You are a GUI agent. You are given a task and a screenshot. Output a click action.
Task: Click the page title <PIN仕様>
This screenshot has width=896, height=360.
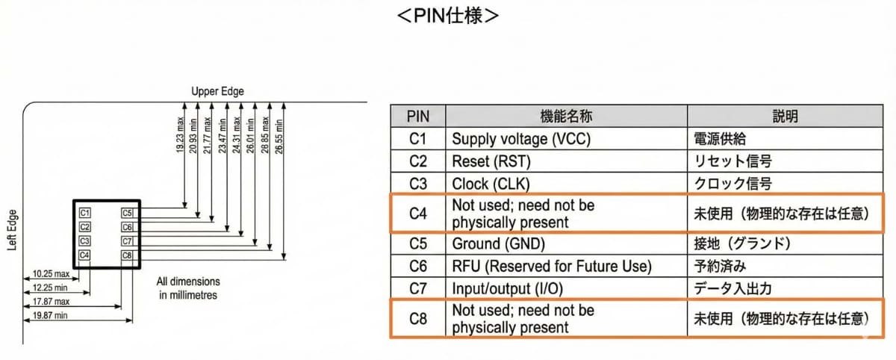(x=447, y=16)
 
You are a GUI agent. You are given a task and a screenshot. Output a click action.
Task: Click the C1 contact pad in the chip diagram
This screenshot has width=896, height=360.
(x=84, y=213)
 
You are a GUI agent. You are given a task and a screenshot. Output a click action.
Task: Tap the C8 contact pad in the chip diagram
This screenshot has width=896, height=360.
(x=127, y=255)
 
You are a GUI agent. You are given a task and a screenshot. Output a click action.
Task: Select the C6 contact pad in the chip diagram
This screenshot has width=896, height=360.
(x=127, y=227)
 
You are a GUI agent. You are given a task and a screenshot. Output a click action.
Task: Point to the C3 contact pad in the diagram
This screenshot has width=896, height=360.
(x=84, y=241)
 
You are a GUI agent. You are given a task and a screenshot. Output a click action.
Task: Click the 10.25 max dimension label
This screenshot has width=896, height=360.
(x=51, y=274)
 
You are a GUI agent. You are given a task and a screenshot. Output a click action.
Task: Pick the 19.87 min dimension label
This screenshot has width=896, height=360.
(x=50, y=316)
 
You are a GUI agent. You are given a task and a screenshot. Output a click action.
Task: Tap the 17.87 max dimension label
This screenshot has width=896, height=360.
(x=51, y=302)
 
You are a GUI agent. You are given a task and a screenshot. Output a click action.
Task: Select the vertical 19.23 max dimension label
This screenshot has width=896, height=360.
(x=180, y=134)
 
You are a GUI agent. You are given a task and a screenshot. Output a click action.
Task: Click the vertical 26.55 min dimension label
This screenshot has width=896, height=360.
(x=279, y=137)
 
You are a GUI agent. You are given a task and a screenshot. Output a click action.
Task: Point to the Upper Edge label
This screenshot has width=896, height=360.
(x=217, y=92)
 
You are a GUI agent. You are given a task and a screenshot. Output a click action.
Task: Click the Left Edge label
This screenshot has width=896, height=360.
(x=12, y=230)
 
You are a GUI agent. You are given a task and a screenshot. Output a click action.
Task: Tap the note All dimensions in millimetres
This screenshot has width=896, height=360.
(x=188, y=288)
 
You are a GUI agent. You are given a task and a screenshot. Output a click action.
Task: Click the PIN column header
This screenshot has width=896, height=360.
(x=418, y=117)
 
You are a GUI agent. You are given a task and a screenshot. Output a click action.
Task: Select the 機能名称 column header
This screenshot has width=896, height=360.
(x=566, y=116)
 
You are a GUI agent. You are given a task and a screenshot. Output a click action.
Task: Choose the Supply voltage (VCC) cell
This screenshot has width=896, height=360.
(x=521, y=139)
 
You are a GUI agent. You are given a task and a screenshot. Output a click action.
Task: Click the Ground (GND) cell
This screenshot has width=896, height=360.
(x=499, y=243)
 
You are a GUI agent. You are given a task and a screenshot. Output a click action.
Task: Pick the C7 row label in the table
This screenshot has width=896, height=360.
(x=418, y=288)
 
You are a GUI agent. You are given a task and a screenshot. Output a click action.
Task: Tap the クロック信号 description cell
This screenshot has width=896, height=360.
(x=732, y=184)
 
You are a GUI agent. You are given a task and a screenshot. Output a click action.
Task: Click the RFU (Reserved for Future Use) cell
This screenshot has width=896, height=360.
(x=552, y=266)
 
